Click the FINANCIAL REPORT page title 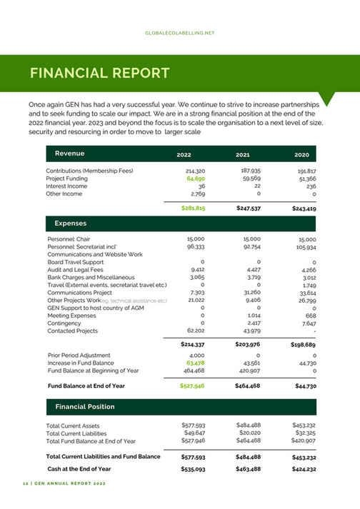click(x=99, y=74)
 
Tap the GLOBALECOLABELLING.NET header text click(x=179, y=33)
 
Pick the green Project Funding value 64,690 click(x=196, y=179)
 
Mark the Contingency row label click(x=65, y=323)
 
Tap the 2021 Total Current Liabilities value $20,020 click(x=249, y=433)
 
